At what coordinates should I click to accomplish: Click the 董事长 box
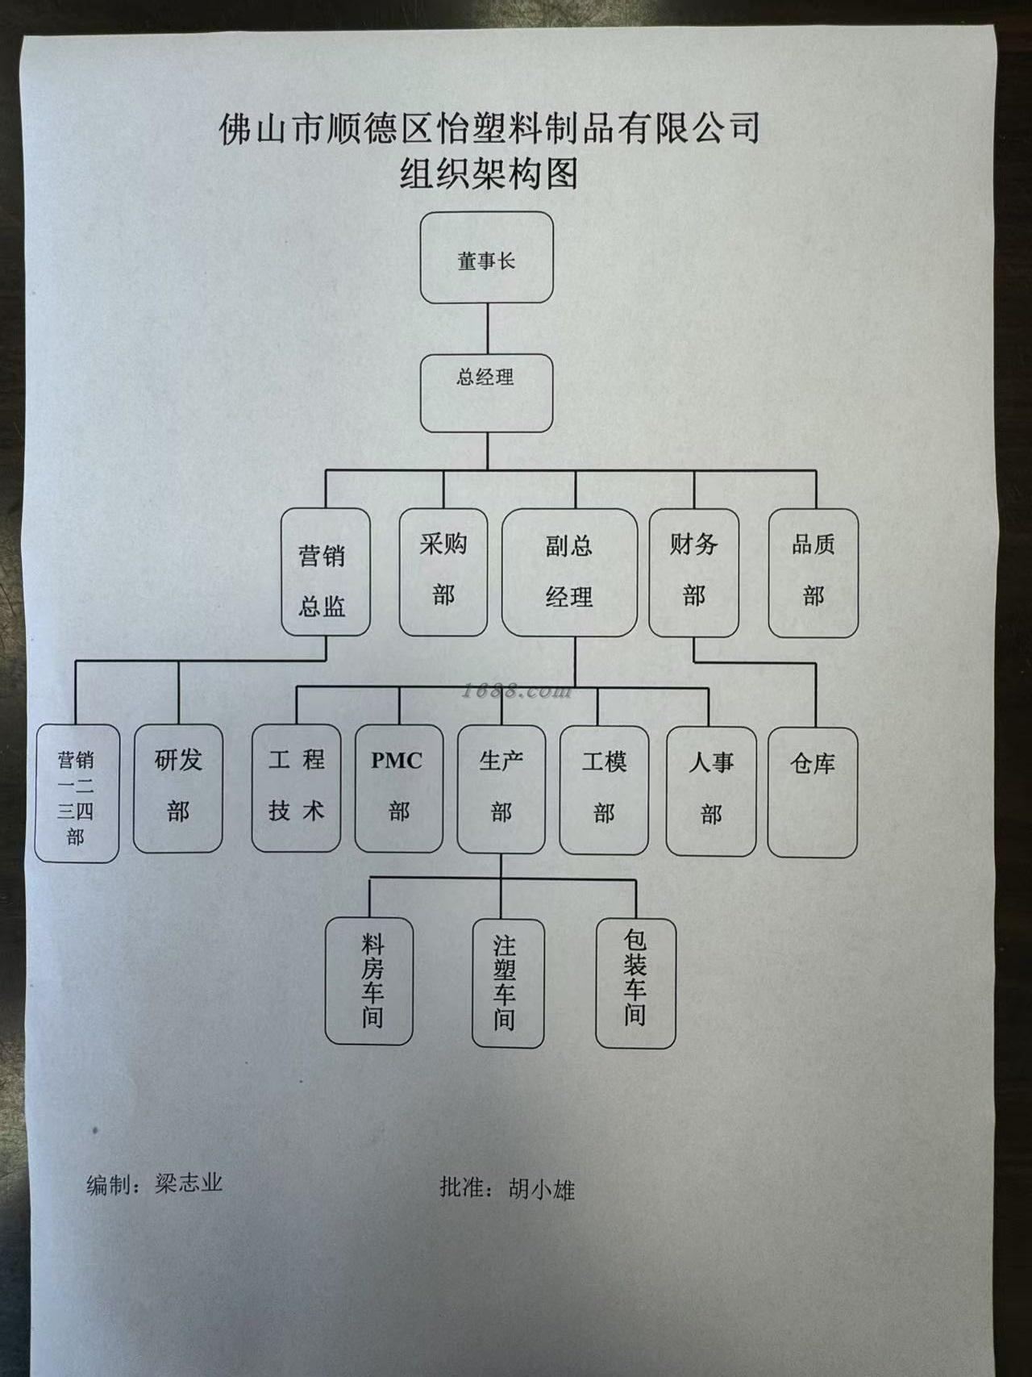click(486, 258)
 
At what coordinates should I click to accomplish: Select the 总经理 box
click(486, 393)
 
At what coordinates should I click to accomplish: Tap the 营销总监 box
click(325, 572)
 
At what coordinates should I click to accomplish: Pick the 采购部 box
click(443, 572)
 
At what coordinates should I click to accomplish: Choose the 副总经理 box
click(569, 572)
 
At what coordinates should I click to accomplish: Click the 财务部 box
click(693, 572)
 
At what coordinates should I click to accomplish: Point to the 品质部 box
click(813, 572)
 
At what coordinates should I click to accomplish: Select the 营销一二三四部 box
click(77, 793)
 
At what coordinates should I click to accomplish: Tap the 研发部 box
click(177, 788)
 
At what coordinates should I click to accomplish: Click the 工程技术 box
click(296, 788)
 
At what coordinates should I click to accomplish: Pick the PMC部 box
click(398, 788)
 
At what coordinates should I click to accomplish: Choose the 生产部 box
click(501, 788)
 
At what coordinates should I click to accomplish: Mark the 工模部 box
click(604, 790)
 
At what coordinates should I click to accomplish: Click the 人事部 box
click(710, 791)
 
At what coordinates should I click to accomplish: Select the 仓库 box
click(812, 791)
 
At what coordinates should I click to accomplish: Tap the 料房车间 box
click(369, 981)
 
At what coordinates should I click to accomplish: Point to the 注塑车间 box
click(507, 983)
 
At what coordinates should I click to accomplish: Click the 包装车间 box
click(635, 983)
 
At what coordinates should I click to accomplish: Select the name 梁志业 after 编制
click(189, 1183)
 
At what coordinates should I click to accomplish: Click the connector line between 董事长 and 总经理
click(487, 328)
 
